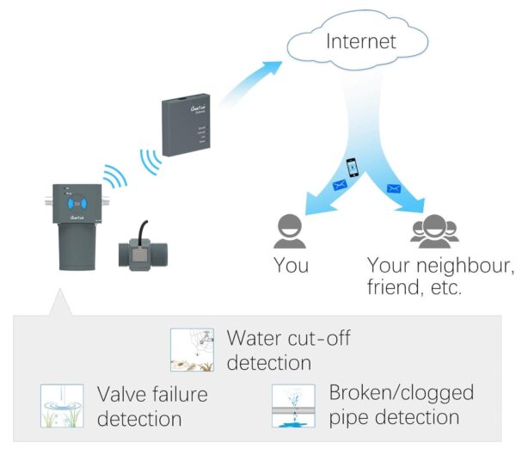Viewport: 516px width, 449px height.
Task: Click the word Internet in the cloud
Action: click(360, 40)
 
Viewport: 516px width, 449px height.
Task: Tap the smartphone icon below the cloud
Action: click(351, 167)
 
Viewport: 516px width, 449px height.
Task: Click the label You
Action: click(291, 265)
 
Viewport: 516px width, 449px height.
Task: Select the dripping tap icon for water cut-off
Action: click(191, 349)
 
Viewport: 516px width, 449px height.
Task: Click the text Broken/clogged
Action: click(401, 393)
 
